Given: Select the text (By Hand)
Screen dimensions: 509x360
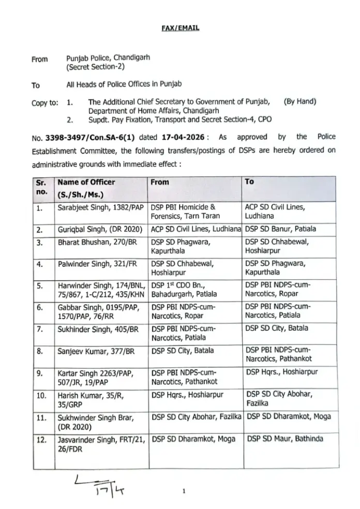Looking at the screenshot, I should (x=300, y=102).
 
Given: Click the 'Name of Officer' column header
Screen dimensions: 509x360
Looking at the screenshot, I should (x=86, y=182).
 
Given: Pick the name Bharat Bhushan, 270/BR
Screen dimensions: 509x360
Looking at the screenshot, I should (x=95, y=242).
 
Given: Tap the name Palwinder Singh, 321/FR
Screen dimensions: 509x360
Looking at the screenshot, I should (x=95, y=264).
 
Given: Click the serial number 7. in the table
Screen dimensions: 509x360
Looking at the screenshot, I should (x=40, y=328).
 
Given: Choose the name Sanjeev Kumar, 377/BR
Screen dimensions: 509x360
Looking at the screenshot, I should (x=96, y=351).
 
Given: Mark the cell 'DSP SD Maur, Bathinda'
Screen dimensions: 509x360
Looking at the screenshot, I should (x=286, y=439).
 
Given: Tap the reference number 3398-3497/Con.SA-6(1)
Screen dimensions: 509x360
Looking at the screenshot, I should (x=85, y=137).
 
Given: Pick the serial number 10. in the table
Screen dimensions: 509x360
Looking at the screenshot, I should (x=41, y=395).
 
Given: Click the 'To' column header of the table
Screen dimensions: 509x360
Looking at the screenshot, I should (x=249, y=182).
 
